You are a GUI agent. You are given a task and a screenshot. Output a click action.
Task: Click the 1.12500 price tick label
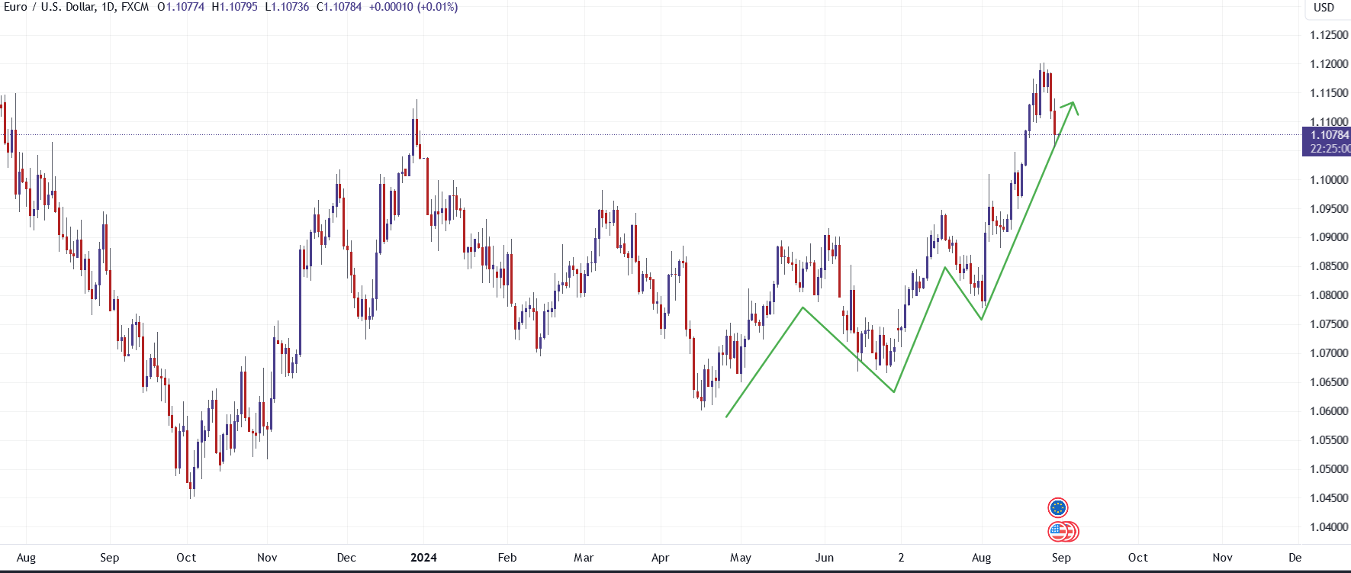click(x=1328, y=35)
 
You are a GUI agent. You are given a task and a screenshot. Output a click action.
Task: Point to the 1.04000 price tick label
click(x=1328, y=527)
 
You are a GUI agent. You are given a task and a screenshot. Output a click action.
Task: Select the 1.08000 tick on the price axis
click(x=1328, y=295)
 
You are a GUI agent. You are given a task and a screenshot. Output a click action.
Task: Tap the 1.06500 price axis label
click(x=1328, y=382)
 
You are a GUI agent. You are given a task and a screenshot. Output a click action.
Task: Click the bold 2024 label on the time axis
click(x=423, y=558)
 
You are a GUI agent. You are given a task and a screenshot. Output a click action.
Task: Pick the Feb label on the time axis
click(x=507, y=558)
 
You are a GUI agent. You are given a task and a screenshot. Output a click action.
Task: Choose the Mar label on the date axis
click(x=584, y=558)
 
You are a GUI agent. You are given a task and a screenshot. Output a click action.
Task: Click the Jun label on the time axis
click(x=825, y=558)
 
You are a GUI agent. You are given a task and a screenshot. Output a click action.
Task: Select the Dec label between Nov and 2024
click(x=346, y=558)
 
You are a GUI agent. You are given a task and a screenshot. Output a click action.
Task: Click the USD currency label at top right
click(x=1324, y=8)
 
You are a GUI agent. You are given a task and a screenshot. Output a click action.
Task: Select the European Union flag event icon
click(x=1058, y=507)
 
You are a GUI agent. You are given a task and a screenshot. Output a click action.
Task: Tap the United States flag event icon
click(x=1060, y=531)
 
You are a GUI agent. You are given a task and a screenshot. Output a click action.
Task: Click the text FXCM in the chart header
click(x=135, y=7)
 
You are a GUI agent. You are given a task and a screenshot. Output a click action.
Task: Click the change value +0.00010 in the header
click(x=391, y=7)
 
